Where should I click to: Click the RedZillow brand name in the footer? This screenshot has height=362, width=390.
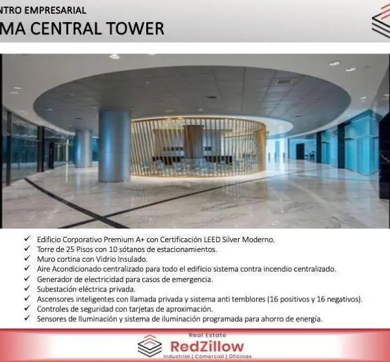point(207,346)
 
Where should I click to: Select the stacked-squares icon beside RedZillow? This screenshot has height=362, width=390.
point(149,346)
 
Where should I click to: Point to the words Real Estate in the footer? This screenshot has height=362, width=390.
point(207,335)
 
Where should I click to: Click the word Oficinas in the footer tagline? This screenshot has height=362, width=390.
point(240,357)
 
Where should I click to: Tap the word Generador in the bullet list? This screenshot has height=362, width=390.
point(52,279)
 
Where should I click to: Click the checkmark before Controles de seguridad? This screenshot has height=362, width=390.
point(27,308)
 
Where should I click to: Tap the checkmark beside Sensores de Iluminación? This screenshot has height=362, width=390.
point(27,318)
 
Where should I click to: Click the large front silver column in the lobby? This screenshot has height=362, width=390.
point(114,146)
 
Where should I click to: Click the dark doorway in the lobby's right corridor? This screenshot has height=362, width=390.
point(300,152)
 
